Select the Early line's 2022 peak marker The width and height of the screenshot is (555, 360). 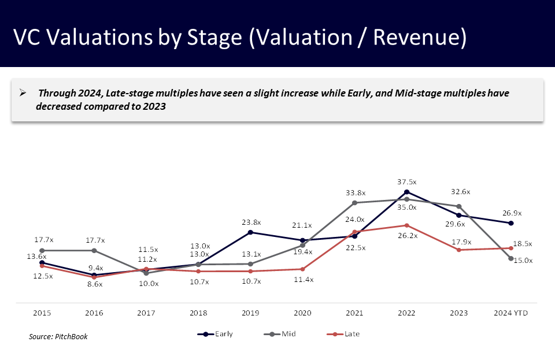(406, 192)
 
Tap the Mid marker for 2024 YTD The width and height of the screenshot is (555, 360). (510, 258)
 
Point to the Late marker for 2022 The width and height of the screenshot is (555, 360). (406, 225)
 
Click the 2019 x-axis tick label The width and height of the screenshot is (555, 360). (250, 313)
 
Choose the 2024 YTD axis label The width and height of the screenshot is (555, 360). (510, 313)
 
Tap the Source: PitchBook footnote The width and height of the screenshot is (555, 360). (58, 336)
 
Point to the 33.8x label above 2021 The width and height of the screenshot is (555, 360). (354, 192)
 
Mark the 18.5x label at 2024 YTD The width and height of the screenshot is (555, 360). (523, 244)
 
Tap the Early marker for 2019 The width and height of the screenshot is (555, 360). (250, 232)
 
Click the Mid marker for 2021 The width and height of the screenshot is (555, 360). (354, 203)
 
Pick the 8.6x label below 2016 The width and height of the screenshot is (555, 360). (94, 284)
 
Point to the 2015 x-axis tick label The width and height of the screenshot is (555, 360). (42, 313)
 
